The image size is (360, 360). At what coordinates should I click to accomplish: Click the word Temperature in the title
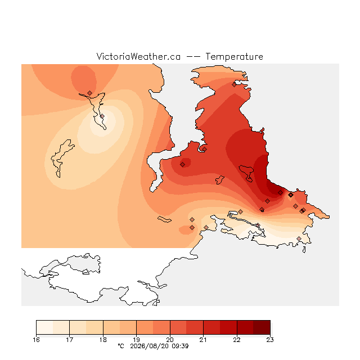234,57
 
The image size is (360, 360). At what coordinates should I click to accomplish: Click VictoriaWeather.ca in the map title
138,57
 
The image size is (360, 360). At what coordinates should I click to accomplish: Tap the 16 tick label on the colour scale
36,340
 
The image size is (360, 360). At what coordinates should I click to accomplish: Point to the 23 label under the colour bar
270,340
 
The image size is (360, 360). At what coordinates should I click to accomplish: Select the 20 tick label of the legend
170,340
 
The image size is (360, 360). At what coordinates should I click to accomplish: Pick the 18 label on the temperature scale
103,340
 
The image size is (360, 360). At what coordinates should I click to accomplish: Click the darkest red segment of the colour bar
262,327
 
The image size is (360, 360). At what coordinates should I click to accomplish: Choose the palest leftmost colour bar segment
44,327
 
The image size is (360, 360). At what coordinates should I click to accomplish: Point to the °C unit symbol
121,346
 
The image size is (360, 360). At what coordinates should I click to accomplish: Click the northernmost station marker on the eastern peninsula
234,85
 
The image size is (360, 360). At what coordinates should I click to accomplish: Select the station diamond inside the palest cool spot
102,116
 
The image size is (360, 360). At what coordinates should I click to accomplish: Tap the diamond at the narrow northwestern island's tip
89,93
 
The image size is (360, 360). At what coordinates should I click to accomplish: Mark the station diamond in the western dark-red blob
182,164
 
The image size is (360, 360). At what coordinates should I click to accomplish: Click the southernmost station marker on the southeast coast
299,238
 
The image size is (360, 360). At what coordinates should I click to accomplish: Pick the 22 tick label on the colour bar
237,340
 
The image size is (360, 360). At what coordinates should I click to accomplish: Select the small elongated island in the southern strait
164,219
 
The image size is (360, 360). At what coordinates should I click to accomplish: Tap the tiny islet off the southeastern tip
304,250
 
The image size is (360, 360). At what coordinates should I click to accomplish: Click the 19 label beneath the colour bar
136,340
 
